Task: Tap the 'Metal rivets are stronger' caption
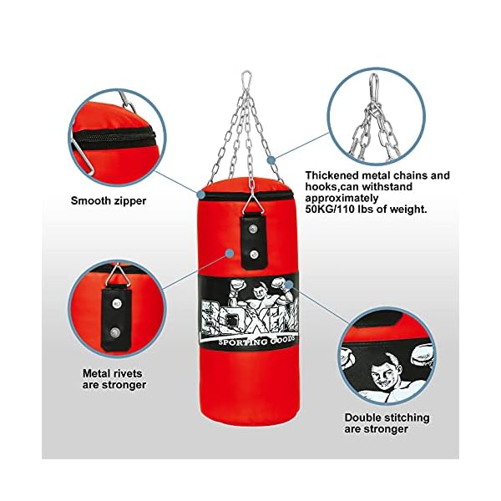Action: click(114, 379)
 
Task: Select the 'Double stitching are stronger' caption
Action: click(387, 423)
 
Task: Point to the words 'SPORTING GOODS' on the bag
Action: click(248, 340)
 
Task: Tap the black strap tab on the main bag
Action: click(250, 239)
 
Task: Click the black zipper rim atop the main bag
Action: click(248, 194)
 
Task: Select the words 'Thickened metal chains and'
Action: click(377, 175)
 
